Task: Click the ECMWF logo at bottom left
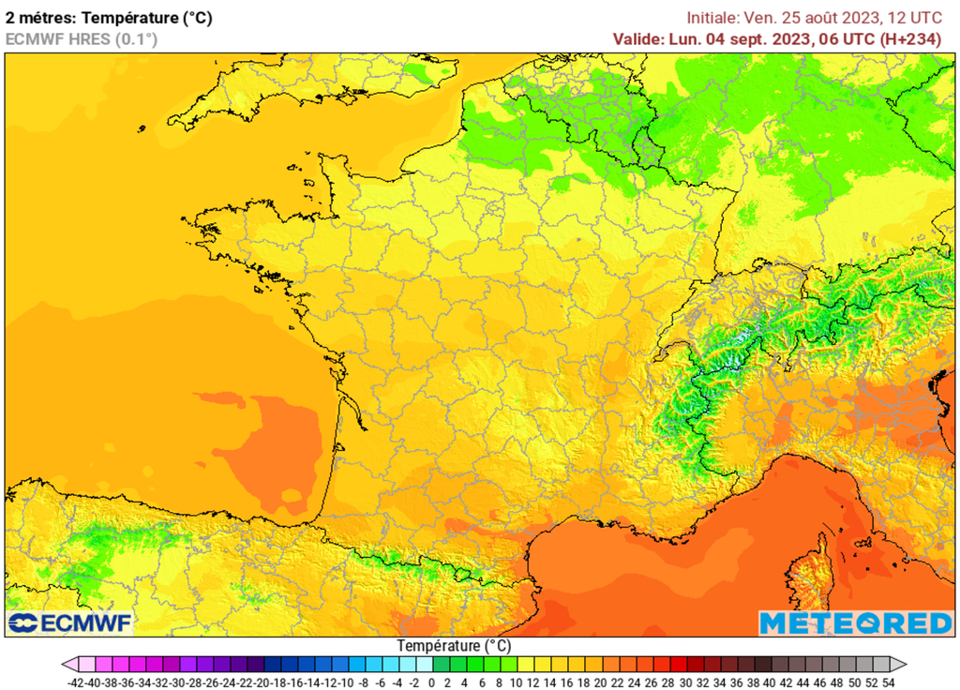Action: pyautogui.click(x=70, y=622)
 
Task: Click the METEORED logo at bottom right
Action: pyautogui.click(x=855, y=623)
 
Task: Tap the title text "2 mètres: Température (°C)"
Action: pyautogui.click(x=109, y=17)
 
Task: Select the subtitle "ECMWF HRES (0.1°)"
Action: pyautogui.click(x=82, y=38)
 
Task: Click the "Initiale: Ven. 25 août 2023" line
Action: pyautogui.click(x=778, y=18)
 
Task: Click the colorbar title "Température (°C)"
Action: pyautogui.click(x=454, y=646)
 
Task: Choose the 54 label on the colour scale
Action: pyautogui.click(x=888, y=682)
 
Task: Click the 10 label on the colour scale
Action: pyautogui.click(x=515, y=682)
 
